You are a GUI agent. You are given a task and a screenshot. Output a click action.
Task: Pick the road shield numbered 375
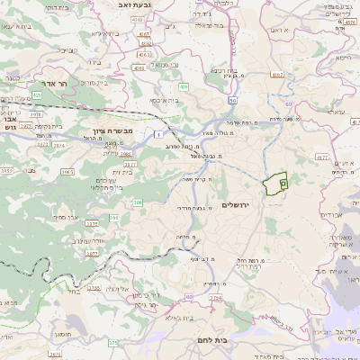(112, 343)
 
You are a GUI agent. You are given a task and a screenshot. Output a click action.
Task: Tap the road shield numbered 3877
(91, 255)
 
